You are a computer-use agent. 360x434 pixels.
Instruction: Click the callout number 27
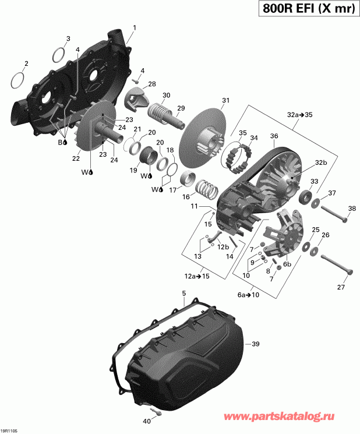[x=341, y=287]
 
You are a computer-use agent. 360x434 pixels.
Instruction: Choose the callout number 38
[x=351, y=209]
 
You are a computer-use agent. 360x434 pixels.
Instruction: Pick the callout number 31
[x=225, y=101]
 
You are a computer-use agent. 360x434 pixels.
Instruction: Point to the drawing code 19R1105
[x=10, y=431]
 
